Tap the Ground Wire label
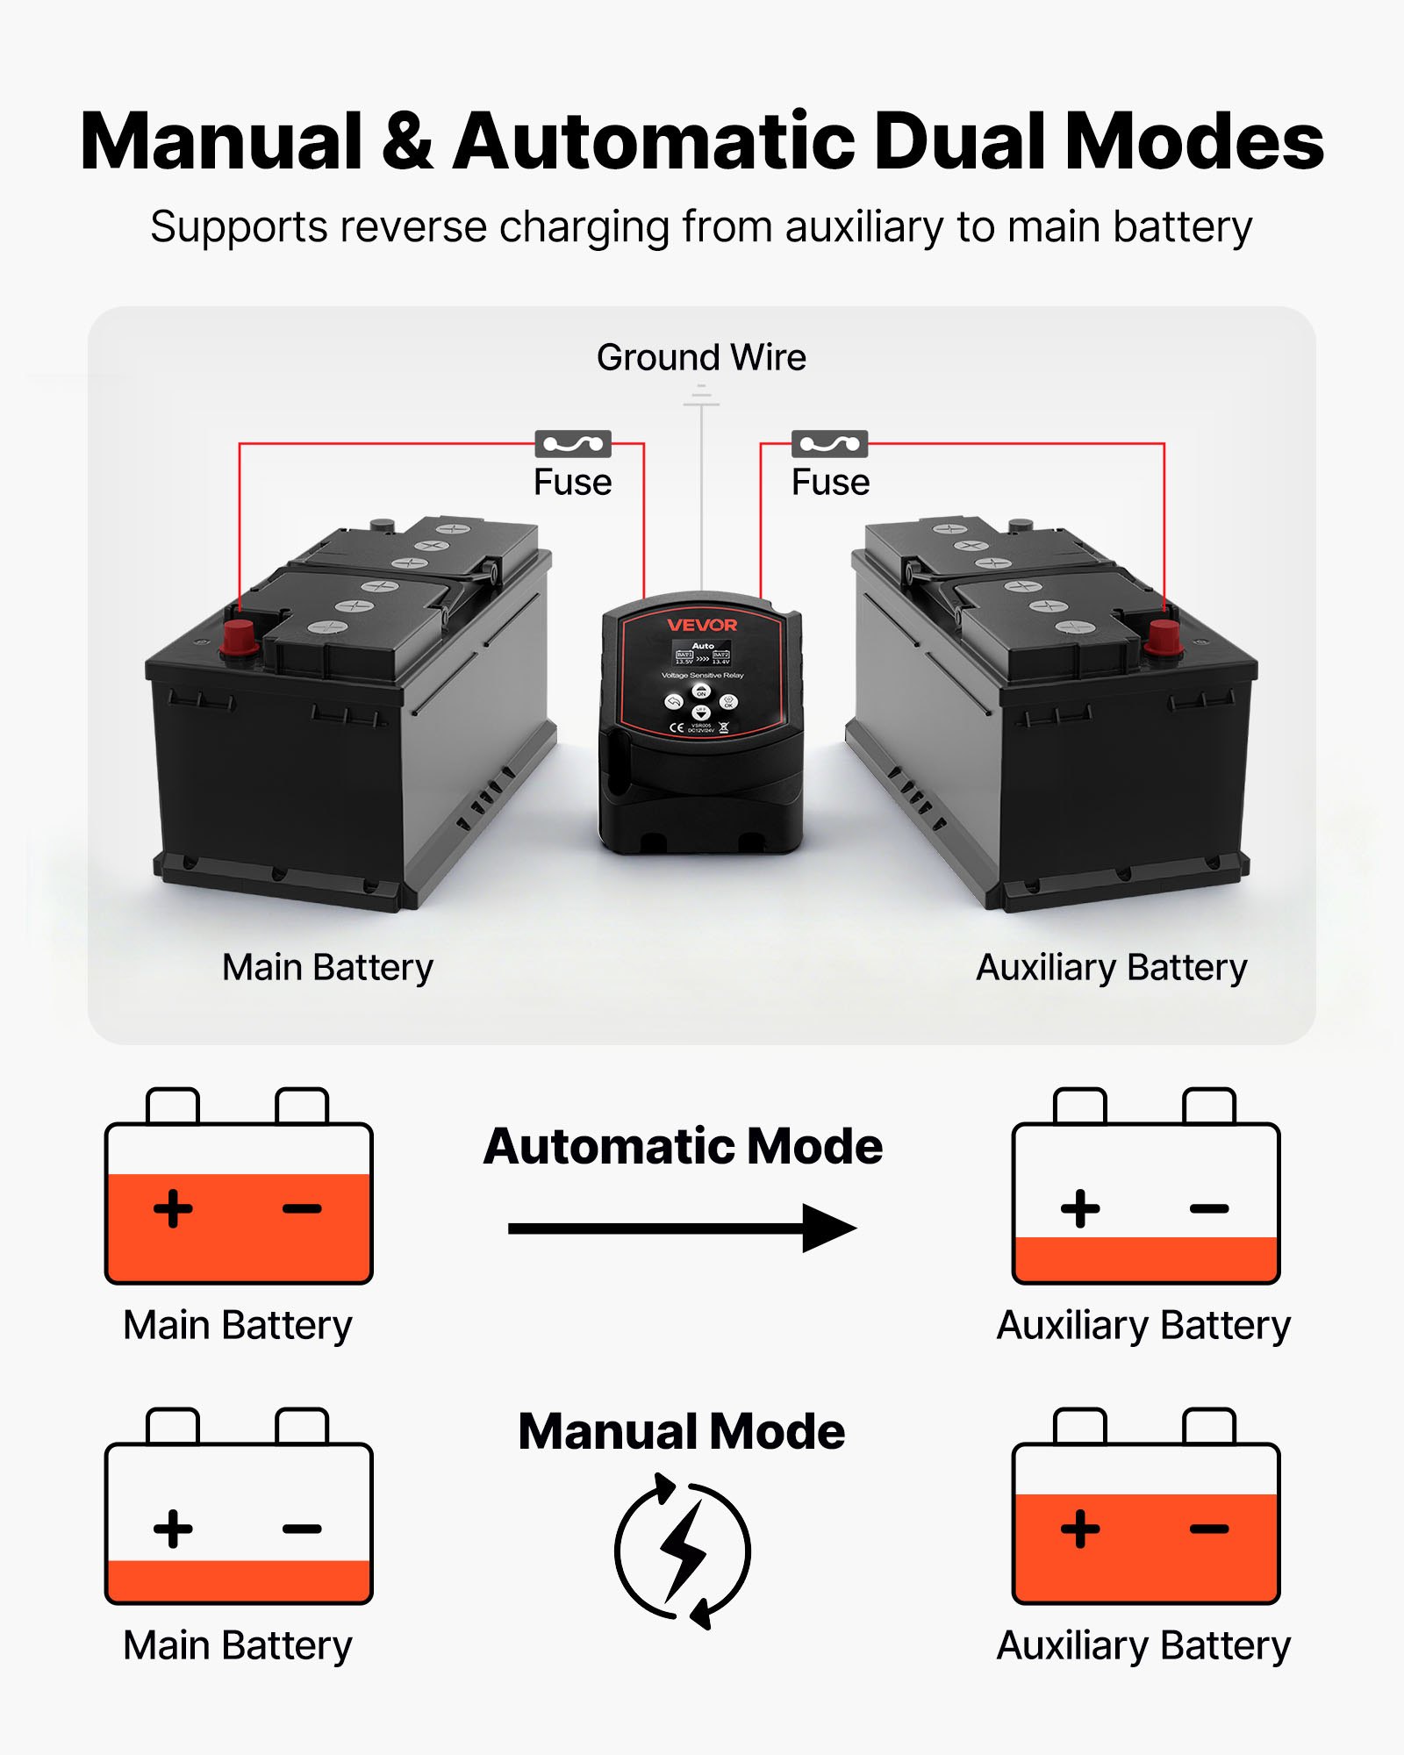coord(701,357)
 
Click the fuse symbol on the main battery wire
coord(573,444)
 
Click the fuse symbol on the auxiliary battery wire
coord(829,444)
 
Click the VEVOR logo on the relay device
coord(702,625)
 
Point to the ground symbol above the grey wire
coord(701,399)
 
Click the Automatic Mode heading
coord(683,1146)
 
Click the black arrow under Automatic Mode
coord(682,1228)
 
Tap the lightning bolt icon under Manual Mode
coord(683,1551)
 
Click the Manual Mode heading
coord(682,1431)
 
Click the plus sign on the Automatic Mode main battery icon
coord(173,1209)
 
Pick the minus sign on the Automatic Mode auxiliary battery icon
coord(1209,1209)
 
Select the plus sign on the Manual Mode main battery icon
coord(173,1529)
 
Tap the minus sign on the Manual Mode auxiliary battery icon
coord(1209,1529)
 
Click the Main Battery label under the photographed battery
coord(327,967)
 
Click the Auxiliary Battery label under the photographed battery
coord(1111,967)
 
